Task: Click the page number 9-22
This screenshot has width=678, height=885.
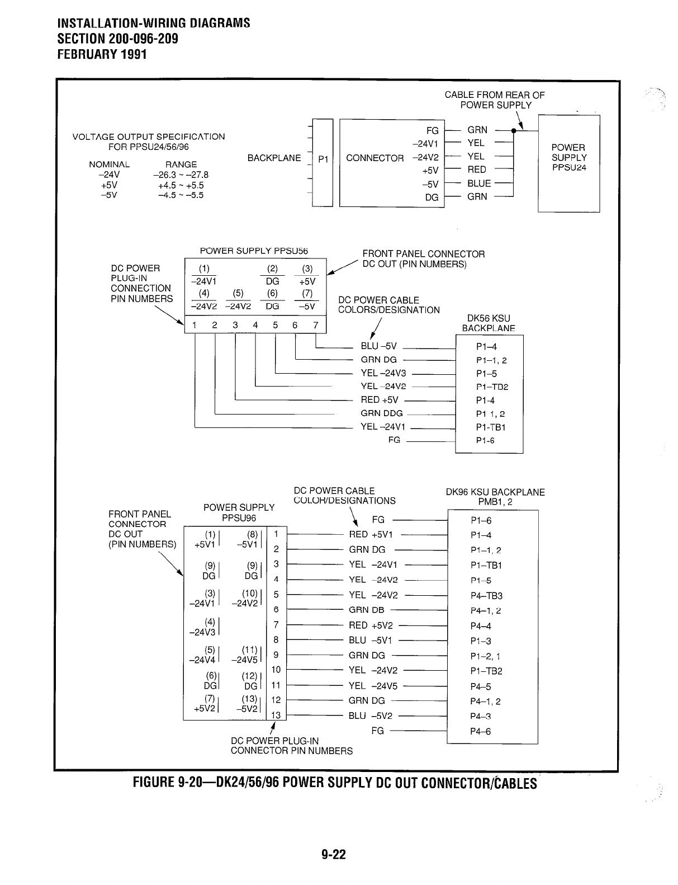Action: [334, 855]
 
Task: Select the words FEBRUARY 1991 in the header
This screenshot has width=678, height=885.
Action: [102, 55]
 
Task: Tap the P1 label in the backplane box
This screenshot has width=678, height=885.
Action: [323, 159]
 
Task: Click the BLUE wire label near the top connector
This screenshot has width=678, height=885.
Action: [479, 183]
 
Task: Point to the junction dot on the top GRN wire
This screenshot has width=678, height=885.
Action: [513, 130]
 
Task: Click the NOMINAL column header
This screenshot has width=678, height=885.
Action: [109, 164]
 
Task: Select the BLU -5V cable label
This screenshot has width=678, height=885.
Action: [378, 347]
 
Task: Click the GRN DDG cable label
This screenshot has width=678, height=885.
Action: [382, 414]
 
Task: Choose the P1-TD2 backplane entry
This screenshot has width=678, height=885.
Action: [492, 387]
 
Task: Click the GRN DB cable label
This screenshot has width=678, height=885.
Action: [366, 610]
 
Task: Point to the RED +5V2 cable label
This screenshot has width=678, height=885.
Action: [371, 625]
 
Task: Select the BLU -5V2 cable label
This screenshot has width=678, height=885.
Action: [370, 716]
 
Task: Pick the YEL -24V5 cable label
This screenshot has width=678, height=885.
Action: [373, 686]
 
